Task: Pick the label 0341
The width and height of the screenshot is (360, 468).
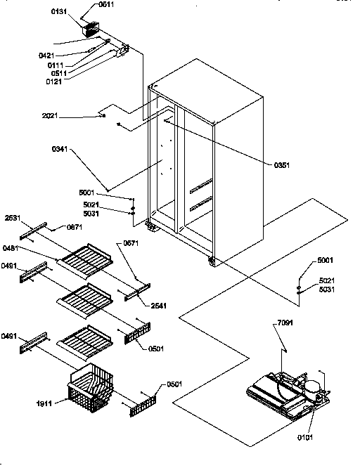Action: click(61, 149)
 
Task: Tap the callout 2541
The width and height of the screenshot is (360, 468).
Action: click(158, 306)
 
